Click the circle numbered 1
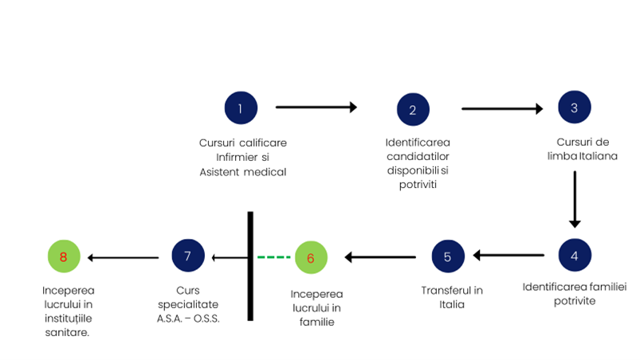coord(241,108)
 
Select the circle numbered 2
coord(413,109)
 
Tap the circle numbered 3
coord(575,108)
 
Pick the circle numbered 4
coord(575,255)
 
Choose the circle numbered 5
coord(448,256)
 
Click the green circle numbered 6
coord(311,257)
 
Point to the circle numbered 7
coord(188,256)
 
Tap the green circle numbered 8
coord(64,256)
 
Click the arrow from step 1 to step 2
coord(316,108)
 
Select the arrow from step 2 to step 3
coord(502,109)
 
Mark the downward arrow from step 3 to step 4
coord(575,199)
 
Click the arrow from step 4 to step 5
coord(508,255)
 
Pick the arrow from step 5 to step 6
coord(380,257)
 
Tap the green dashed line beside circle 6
coord(274,257)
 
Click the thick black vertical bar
coord(250,266)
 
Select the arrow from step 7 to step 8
coord(123,258)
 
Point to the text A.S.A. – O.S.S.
coord(188,319)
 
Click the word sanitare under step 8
coord(67,333)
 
